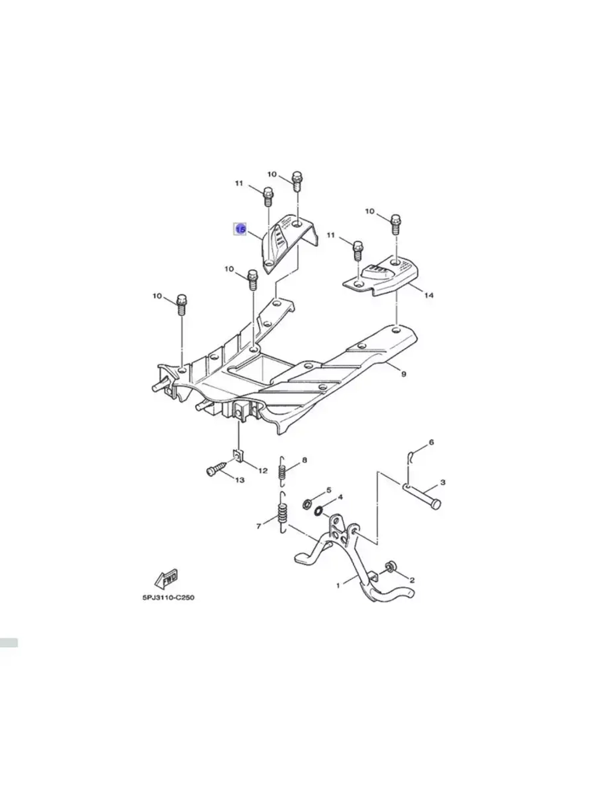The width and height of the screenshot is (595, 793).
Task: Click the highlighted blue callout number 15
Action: point(241,229)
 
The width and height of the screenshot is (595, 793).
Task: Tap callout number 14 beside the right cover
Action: point(428,296)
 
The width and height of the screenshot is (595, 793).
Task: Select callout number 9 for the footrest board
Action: point(403,374)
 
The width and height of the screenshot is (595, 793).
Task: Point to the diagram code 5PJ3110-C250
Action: point(168,597)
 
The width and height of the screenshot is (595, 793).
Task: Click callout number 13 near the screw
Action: point(240,480)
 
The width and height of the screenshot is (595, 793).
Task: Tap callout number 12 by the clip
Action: point(262,471)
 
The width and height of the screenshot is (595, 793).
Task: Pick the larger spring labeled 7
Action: point(283,512)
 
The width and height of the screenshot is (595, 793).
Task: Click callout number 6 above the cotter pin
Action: point(431,442)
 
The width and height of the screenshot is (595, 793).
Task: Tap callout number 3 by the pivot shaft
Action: point(443,482)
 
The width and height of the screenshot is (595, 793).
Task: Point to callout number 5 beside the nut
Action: point(329,490)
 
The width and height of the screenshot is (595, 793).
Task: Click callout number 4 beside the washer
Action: point(340,497)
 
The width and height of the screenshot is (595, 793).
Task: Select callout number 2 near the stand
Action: point(412,580)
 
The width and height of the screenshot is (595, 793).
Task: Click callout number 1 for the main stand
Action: point(338,585)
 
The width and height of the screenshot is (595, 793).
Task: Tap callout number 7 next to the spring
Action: point(259,526)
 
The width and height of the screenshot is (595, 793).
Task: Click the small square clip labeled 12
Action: point(238,457)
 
